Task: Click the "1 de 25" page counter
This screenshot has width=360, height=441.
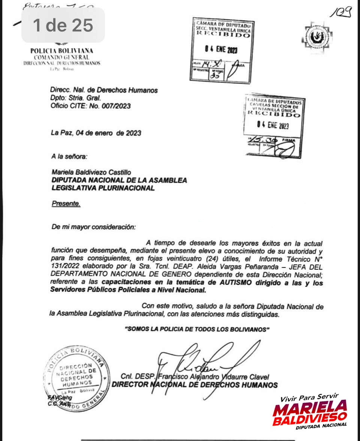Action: click(x=63, y=25)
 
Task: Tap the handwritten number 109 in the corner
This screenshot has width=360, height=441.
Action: click(x=341, y=13)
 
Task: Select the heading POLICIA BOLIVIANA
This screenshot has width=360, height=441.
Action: click(x=62, y=51)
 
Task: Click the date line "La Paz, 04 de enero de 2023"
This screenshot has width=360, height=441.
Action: click(x=96, y=133)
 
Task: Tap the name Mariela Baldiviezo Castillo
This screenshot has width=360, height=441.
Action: click(x=91, y=172)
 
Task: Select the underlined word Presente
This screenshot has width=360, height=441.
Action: click(x=66, y=204)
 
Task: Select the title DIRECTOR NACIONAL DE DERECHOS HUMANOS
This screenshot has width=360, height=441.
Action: click(x=195, y=385)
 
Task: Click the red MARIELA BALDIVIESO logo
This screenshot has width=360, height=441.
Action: click(x=310, y=413)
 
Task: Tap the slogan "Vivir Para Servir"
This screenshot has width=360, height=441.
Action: click(x=309, y=397)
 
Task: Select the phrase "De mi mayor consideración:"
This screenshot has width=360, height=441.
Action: click(x=94, y=227)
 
